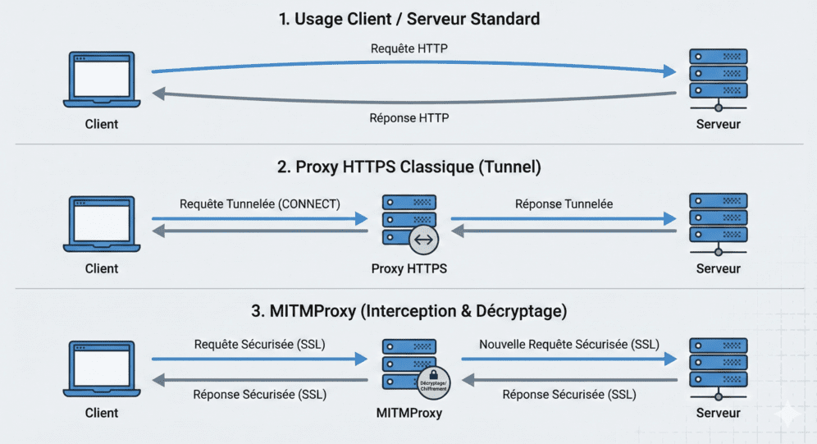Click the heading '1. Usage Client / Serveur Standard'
[x=408, y=19]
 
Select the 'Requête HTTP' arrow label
[x=408, y=49]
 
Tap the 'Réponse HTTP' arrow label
[x=408, y=118]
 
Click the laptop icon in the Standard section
[x=102, y=80]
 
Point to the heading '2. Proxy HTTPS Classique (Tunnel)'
[x=408, y=167]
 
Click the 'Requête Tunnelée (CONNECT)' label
[x=259, y=204]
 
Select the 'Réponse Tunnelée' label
[x=564, y=204]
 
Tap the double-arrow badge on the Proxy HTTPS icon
[x=424, y=240]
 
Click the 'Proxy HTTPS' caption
[x=408, y=268]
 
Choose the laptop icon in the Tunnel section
[x=102, y=224]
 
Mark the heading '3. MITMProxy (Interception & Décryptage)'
[x=408, y=312]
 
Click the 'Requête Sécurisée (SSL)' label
[x=259, y=345]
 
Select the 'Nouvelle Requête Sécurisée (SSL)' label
[x=568, y=345]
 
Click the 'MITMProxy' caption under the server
[x=408, y=413]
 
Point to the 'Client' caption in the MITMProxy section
[x=102, y=413]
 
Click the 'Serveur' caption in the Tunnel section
[x=718, y=268]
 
